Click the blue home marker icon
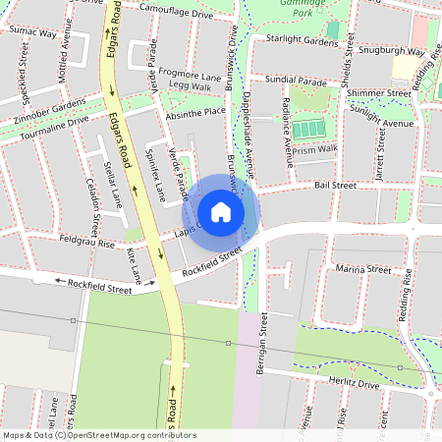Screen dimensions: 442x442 tap(221, 212)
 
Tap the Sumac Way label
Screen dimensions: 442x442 tap(31, 32)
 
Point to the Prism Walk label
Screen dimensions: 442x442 tap(314, 149)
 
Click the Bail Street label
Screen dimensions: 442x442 tap(334, 184)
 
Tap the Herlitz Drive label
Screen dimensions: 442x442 tap(355, 385)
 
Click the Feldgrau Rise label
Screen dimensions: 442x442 tap(86, 241)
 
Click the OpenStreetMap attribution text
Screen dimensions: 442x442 tap(98, 435)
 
